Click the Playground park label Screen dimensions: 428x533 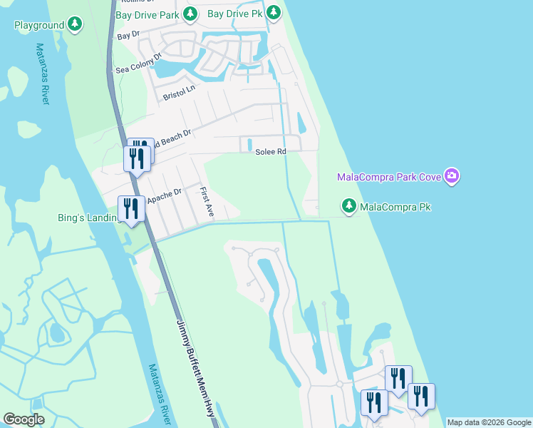39,25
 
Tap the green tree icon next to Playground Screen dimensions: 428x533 75,25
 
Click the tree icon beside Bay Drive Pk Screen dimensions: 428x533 272,13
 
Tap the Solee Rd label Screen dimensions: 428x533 271,151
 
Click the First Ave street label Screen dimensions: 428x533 207,203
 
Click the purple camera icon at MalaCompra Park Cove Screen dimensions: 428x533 450,175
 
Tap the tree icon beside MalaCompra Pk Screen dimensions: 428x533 348,206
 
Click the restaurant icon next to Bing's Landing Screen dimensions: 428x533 131,209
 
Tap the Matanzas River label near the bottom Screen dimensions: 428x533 160,394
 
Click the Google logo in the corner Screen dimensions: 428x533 24,419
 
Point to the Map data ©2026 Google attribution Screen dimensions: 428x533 488,422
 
